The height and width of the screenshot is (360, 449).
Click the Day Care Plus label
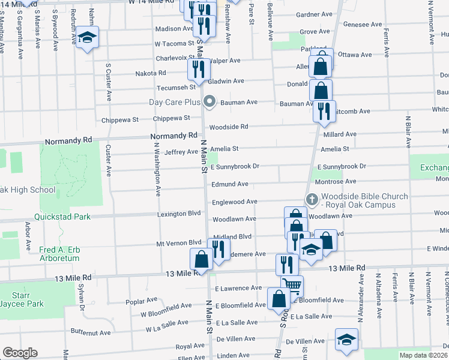tap(174, 102)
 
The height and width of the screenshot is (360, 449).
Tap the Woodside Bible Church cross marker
tap(312, 199)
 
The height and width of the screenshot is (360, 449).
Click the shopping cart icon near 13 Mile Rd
tap(292, 286)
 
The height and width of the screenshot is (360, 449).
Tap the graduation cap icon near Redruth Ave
tap(88, 38)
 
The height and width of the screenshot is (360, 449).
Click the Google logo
tap(20, 353)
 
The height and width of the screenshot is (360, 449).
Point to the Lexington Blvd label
tap(178, 213)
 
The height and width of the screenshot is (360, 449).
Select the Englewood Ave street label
tap(234, 202)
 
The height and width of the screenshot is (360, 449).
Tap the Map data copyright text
tap(423, 355)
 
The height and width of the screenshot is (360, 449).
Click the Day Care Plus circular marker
tap(209, 101)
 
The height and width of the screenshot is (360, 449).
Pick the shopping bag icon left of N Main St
tap(201, 259)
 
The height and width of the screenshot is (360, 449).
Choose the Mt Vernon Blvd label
tap(178, 243)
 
